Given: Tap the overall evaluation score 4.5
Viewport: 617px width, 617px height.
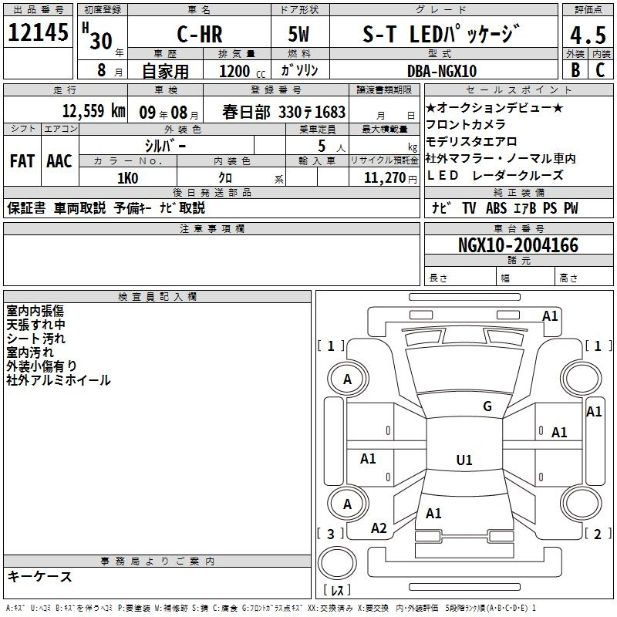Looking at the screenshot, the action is pos(586,35).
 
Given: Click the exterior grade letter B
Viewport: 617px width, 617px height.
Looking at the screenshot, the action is pos(575,69).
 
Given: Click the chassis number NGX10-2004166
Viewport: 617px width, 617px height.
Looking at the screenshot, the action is pos(518,245).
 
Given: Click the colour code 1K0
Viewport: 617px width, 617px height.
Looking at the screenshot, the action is pos(127,178).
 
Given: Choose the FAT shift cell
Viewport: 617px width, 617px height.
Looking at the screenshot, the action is pos(22,161).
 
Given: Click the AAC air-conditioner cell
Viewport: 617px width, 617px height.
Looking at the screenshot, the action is pos(59,161).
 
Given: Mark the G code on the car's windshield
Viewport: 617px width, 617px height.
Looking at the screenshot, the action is pos(487,406).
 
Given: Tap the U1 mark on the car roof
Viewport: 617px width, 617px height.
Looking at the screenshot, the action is pos(464,460).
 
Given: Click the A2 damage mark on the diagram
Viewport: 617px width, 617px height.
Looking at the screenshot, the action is pos(379,528).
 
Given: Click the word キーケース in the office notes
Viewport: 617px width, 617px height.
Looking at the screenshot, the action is pos(40,577).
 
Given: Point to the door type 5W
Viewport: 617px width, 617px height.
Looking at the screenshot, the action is pos(299,35).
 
